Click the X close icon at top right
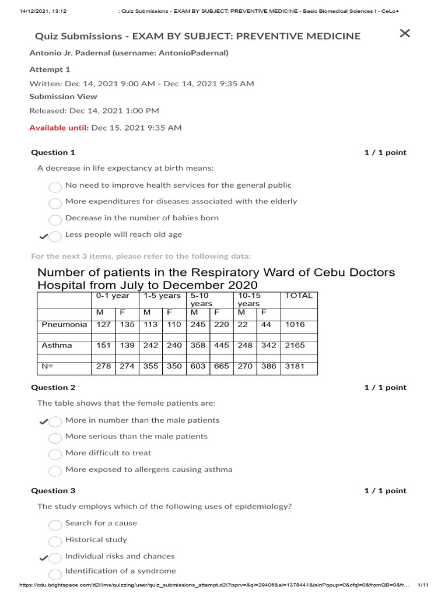click(405, 33)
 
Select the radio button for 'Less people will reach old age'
click(55, 236)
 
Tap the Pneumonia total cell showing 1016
click(295, 325)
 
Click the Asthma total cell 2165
click(295, 346)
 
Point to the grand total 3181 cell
click(295, 367)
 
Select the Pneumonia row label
click(64, 325)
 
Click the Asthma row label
click(57, 346)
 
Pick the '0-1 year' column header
click(113, 296)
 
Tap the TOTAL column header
click(299, 296)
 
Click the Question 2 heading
click(53, 388)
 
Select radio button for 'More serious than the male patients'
click(55, 438)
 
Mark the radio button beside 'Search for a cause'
click(55, 525)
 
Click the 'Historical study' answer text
click(96, 540)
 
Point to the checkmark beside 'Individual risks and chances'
click(43, 558)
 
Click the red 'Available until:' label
click(59, 128)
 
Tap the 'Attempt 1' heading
click(50, 69)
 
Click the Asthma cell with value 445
click(222, 346)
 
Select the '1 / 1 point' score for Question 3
click(385, 491)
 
